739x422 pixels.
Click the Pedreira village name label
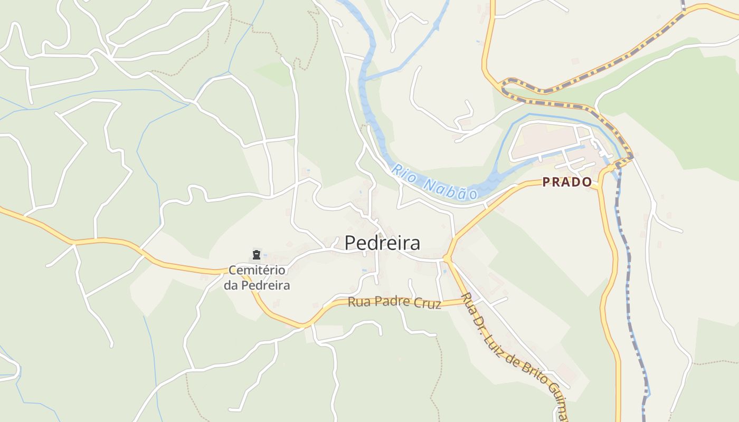383,243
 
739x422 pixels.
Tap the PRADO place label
567,182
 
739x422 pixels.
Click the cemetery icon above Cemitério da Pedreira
257,255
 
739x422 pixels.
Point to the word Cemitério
257,271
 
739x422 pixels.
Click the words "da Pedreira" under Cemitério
257,285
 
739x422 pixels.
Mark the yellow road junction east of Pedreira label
447,258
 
